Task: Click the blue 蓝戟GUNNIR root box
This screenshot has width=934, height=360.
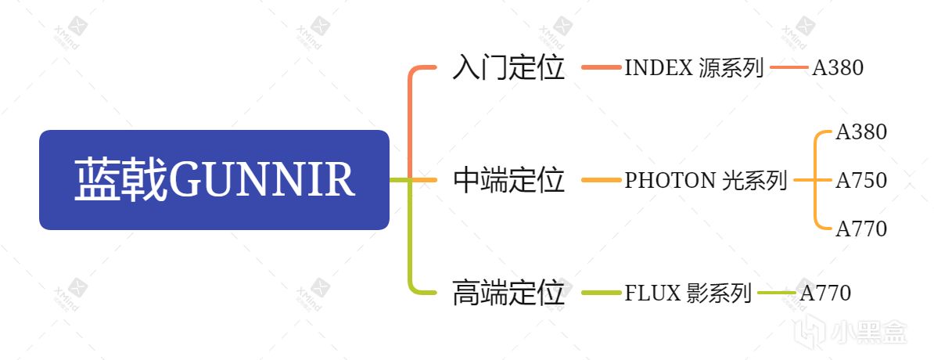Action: click(x=214, y=180)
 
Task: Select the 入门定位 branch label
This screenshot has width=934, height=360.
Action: click(x=508, y=68)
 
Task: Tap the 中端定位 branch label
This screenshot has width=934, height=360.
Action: click(x=508, y=181)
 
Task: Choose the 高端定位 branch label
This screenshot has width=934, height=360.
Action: click(x=508, y=293)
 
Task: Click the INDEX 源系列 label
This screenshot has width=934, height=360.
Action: click(x=694, y=68)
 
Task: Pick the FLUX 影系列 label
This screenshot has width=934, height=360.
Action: click(x=688, y=293)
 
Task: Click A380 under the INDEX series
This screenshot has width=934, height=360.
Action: click(x=838, y=68)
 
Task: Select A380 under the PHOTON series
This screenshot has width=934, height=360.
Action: click(x=861, y=132)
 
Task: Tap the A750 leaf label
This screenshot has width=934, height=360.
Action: click(x=861, y=181)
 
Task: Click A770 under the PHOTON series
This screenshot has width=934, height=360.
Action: click(x=861, y=229)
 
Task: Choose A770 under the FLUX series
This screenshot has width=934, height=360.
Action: click(x=825, y=293)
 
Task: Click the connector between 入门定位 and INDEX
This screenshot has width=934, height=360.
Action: click(x=600, y=68)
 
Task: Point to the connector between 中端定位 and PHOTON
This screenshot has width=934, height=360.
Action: click(x=600, y=181)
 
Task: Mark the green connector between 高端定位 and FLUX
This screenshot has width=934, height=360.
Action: click(x=600, y=293)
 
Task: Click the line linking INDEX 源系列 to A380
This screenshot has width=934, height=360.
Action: click(x=788, y=68)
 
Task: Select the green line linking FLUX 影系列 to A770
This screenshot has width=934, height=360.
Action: click(x=775, y=293)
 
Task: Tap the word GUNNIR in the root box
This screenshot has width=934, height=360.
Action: click(x=262, y=180)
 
